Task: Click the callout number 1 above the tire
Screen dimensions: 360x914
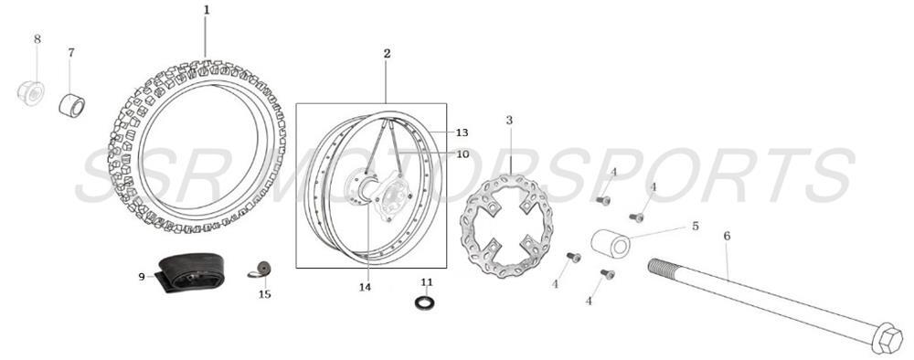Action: [x=207, y=10]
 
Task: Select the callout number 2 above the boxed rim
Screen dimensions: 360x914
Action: [x=387, y=54]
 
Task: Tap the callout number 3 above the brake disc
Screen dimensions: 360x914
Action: [x=509, y=120]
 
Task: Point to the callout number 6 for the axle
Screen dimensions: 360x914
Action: [x=727, y=237]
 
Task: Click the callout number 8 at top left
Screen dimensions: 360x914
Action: [x=37, y=38]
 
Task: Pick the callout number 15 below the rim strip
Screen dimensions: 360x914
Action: [x=264, y=294]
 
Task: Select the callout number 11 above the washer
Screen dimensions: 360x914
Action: [x=426, y=281]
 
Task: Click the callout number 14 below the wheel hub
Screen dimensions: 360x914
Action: [x=366, y=288]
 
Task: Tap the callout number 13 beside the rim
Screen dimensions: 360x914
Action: [x=462, y=132]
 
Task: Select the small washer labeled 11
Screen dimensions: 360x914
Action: [x=426, y=302]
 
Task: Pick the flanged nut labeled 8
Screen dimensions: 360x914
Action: [x=31, y=92]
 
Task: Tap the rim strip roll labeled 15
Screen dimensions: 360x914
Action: [x=261, y=270]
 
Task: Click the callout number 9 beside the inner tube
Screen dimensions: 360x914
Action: [x=142, y=277]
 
